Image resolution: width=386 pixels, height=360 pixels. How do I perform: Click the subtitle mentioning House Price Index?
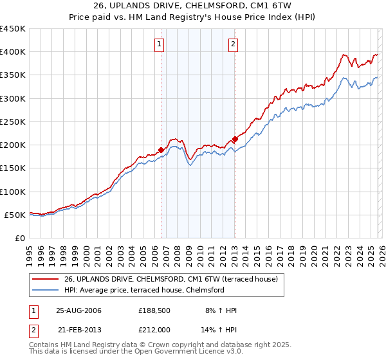(192, 18)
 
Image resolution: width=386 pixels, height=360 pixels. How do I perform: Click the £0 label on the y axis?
(19, 238)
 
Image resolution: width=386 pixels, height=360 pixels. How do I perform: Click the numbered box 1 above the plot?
(159, 44)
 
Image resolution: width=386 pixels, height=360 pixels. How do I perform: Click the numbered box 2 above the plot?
(233, 44)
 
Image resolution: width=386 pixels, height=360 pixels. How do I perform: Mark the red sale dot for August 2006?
(161, 150)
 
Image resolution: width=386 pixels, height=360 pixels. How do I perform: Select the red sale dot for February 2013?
(235, 139)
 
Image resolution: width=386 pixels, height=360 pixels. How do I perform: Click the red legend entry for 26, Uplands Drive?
(170, 279)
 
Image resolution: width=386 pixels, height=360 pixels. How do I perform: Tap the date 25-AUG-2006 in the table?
(78, 310)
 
